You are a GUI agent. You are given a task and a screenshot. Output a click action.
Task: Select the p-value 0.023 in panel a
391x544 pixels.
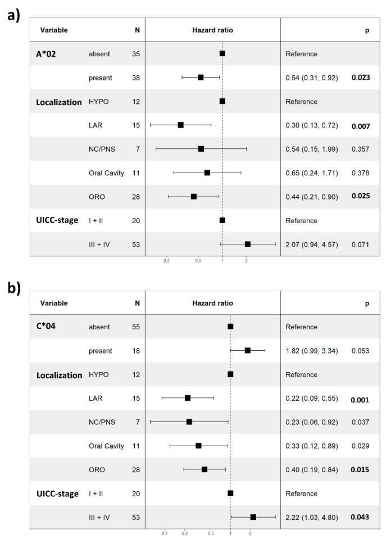360,78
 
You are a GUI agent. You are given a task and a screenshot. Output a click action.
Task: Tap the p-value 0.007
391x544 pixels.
360,125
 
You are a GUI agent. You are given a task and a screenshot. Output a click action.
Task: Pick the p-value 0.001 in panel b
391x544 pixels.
360,398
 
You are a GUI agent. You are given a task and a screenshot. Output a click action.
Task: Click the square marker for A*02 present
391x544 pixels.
201,78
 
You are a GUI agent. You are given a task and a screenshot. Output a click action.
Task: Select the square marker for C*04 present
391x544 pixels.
248,350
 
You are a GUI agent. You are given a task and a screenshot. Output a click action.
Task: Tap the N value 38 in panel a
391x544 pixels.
137,78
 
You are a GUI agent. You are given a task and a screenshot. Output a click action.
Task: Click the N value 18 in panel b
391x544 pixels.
137,351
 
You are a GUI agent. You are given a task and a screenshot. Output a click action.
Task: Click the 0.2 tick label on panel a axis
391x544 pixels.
166,260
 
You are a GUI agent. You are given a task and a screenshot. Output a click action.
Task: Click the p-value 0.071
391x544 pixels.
360,244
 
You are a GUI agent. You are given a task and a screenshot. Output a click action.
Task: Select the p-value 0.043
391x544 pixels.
360,517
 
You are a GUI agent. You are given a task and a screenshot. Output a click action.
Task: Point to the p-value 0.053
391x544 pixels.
360,351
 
